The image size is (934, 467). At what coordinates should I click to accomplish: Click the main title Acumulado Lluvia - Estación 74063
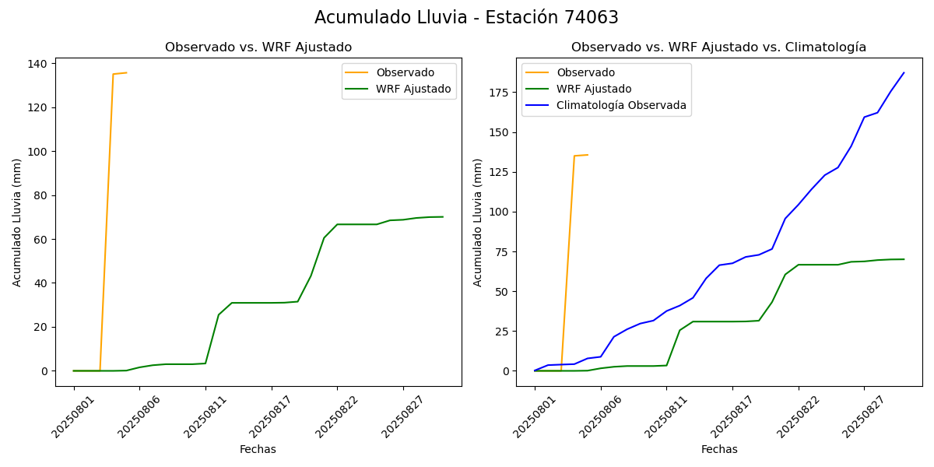(466, 17)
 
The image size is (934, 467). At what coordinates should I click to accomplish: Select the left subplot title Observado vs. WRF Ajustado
(258, 47)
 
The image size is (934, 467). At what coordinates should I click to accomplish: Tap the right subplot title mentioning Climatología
(718, 47)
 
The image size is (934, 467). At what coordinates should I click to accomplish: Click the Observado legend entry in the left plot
(405, 72)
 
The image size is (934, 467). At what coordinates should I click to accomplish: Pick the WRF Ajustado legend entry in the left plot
(413, 89)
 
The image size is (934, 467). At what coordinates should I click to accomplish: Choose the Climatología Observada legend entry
(621, 106)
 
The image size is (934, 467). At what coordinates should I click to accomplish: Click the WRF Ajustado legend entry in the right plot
(594, 89)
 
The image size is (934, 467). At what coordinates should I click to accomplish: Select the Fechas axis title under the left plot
(258, 449)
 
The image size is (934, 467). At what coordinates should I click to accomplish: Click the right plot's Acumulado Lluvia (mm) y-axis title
(479, 222)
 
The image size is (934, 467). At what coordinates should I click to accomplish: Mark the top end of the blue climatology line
(904, 72)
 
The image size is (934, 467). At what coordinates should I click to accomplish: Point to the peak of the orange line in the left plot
(126, 72)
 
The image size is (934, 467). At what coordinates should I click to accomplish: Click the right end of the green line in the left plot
(443, 216)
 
